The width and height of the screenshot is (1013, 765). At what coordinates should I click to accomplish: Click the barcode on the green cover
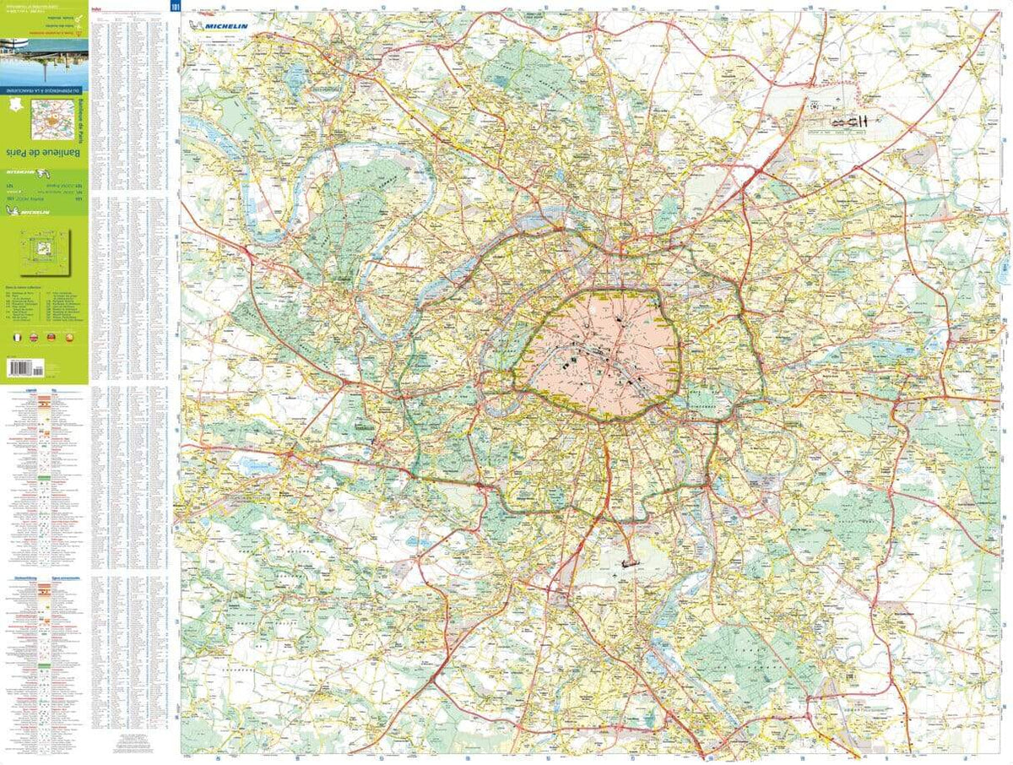coord(25,367)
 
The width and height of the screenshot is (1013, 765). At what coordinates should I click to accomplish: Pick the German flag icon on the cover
coord(49,336)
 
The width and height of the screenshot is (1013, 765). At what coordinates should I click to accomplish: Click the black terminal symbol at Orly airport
coord(628,561)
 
